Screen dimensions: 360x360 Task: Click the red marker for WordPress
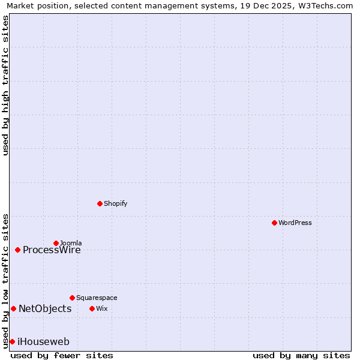tap(274, 223)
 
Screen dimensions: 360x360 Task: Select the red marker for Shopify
tap(100, 203)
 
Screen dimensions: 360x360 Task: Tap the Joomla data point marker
tap(56, 243)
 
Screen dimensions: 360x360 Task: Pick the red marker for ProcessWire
tap(17, 250)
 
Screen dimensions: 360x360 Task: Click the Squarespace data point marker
tap(72, 298)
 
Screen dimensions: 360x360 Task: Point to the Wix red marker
tap(92, 308)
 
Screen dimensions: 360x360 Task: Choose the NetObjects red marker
tap(13, 308)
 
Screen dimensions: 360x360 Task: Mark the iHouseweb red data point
tap(12, 341)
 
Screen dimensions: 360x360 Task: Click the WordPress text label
tap(295, 223)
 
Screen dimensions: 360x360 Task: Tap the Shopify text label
tap(115, 203)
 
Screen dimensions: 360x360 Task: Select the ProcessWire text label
tap(52, 250)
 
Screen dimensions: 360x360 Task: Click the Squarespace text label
tap(97, 298)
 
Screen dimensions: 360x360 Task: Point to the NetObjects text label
tap(45, 309)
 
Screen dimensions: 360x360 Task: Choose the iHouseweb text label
tap(43, 342)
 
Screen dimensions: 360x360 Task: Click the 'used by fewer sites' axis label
tap(62, 355)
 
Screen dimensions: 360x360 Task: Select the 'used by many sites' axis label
tap(301, 355)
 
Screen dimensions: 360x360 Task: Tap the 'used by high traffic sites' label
tap(5, 85)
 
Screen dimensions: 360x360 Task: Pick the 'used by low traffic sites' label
tap(5, 281)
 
